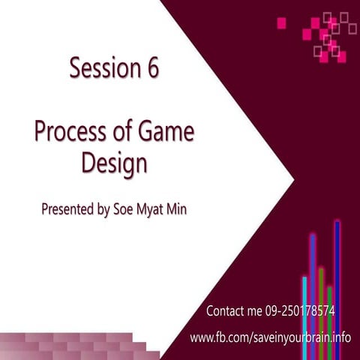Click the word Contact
(226, 310)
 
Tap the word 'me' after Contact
(262, 310)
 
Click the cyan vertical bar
(304, 315)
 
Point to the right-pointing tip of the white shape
(292, 180)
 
